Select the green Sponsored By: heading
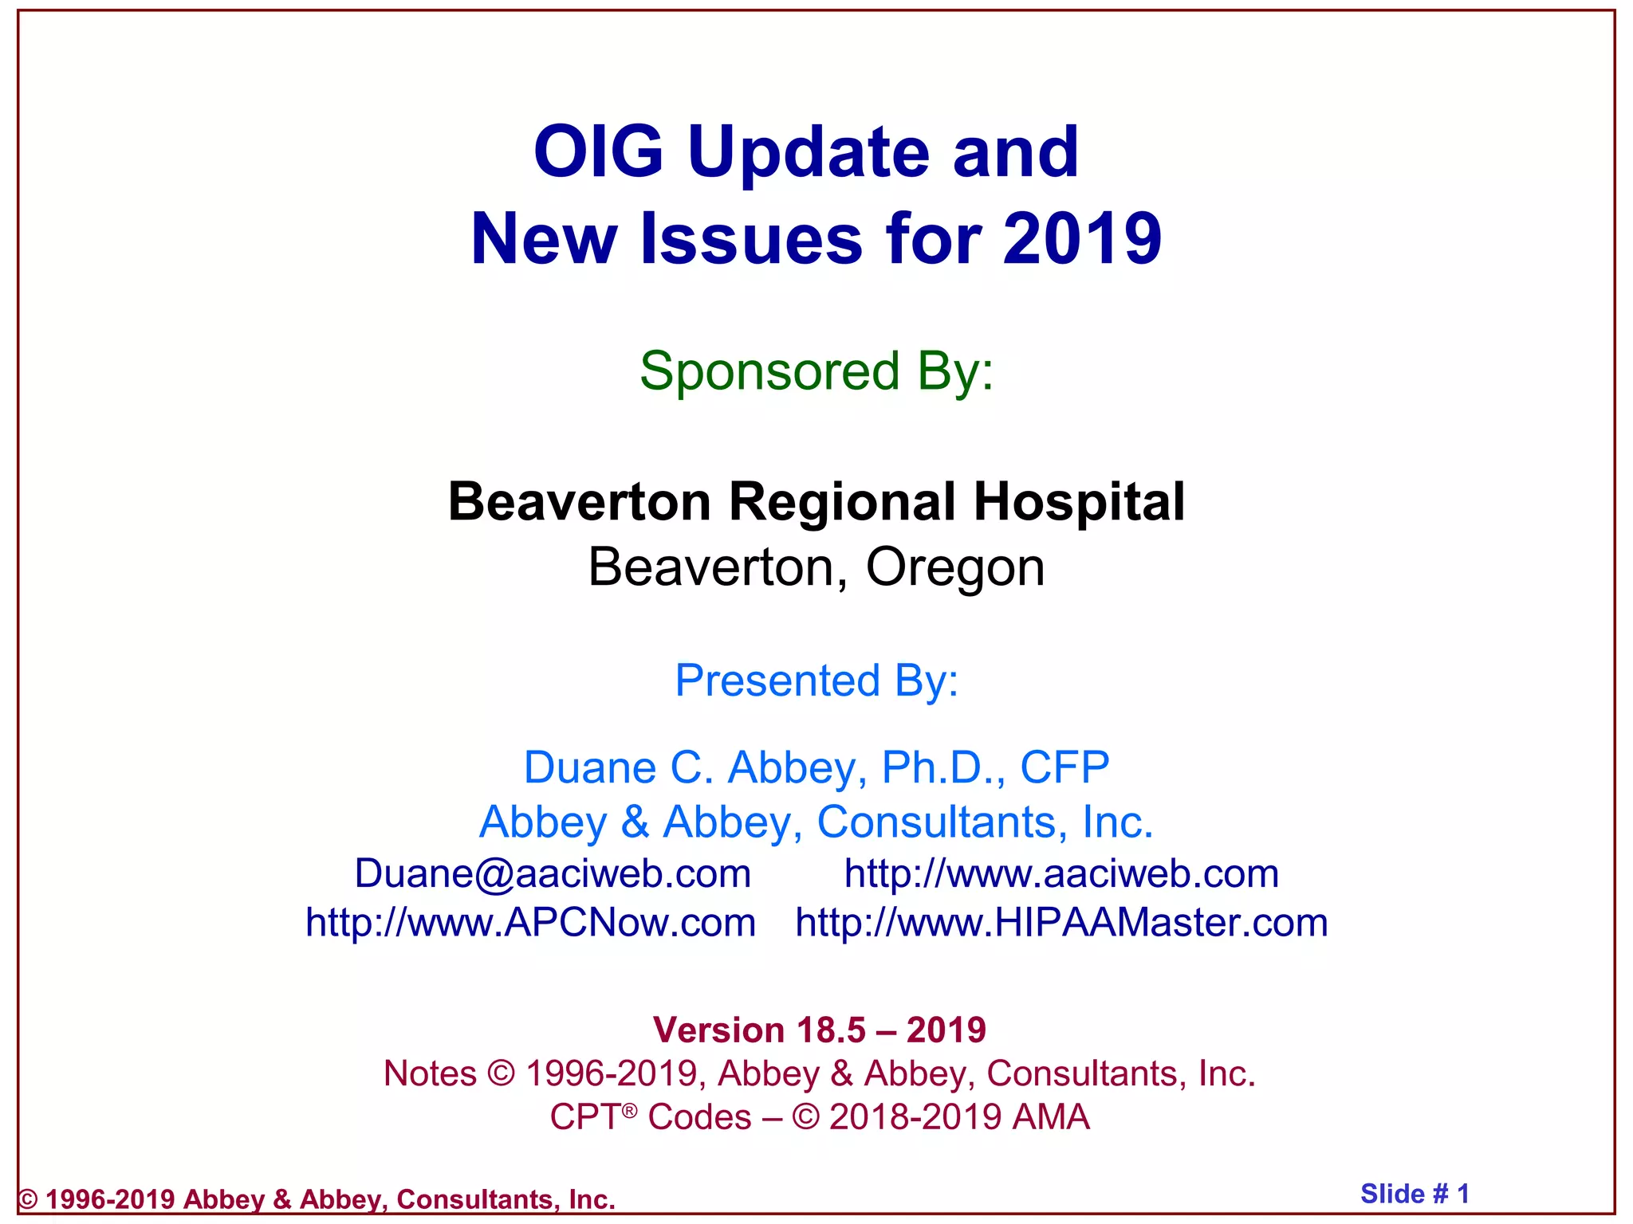click(816, 371)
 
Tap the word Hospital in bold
click(1079, 502)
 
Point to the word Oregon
click(954, 567)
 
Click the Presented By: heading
click(816, 681)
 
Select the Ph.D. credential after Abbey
click(943, 767)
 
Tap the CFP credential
click(1064, 767)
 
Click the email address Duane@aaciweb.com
click(553, 873)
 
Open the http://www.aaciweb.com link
click(1061, 873)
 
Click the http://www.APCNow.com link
click(530, 923)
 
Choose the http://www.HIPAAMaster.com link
click(1061, 923)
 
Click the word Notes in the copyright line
click(430, 1073)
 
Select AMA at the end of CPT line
click(1050, 1116)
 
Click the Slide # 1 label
click(1414, 1194)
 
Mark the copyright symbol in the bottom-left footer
click(28, 1199)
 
